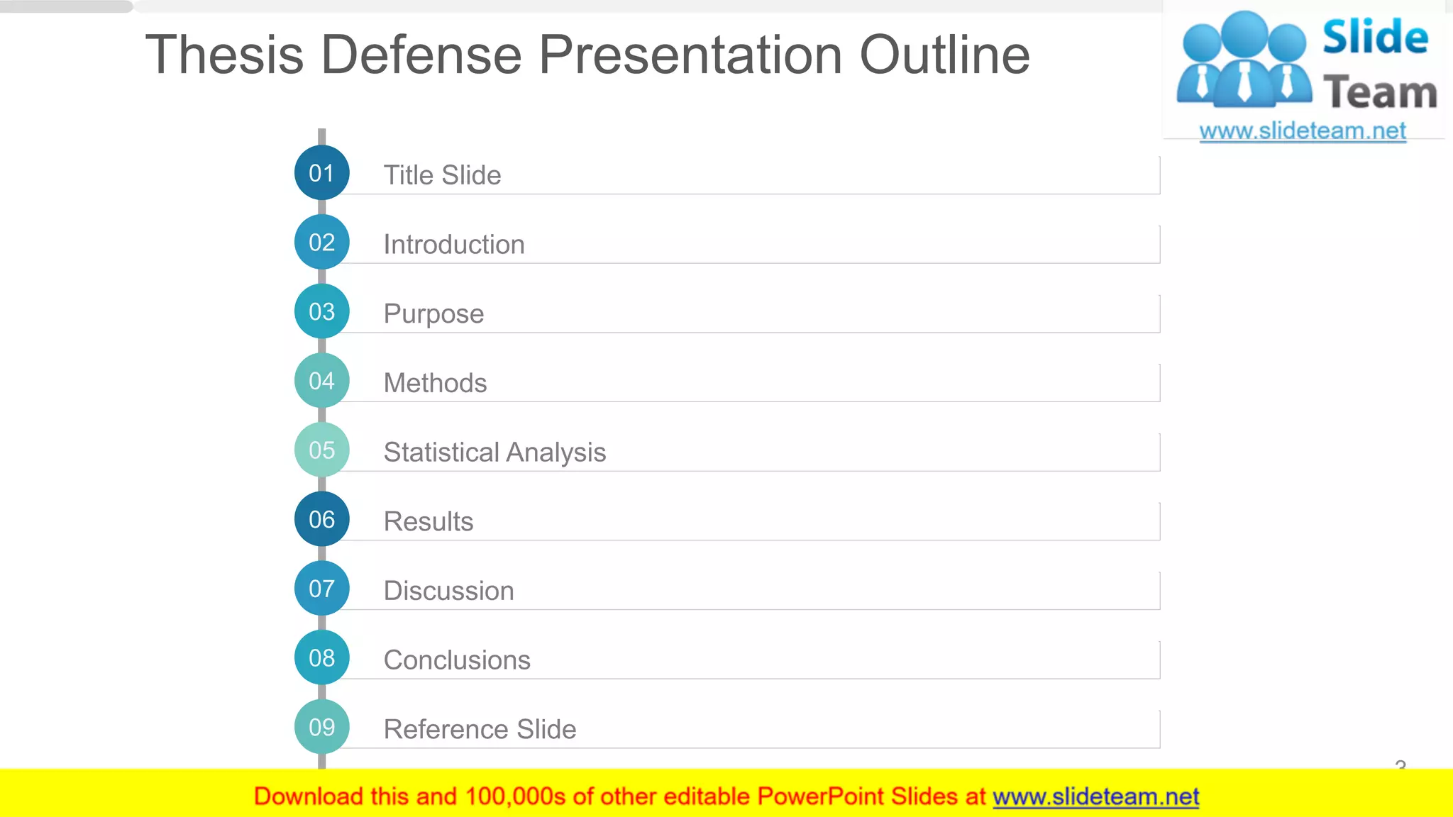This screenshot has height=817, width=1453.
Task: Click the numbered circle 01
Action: click(321, 173)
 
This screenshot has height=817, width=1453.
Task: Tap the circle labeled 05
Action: click(321, 450)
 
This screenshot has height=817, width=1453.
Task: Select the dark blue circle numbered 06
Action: click(321, 519)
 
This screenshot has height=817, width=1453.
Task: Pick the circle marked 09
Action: click(321, 727)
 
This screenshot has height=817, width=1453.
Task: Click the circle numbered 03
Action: click(321, 311)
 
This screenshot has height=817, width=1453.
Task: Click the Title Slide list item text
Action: click(442, 175)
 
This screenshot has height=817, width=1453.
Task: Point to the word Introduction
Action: click(454, 245)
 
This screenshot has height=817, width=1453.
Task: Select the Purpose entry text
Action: click(433, 314)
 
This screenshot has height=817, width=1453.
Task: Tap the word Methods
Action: click(435, 383)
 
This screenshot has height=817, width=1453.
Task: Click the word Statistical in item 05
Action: click(441, 452)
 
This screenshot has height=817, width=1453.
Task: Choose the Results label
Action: click(429, 521)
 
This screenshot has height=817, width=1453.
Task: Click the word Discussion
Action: click(448, 591)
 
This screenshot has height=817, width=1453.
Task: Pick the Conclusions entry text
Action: click(457, 660)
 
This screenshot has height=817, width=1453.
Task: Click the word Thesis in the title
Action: click(224, 55)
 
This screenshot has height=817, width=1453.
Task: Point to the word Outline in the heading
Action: click(944, 55)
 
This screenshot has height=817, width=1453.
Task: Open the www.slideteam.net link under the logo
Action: click(1303, 131)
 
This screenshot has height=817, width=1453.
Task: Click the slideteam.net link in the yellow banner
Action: click(1095, 796)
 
